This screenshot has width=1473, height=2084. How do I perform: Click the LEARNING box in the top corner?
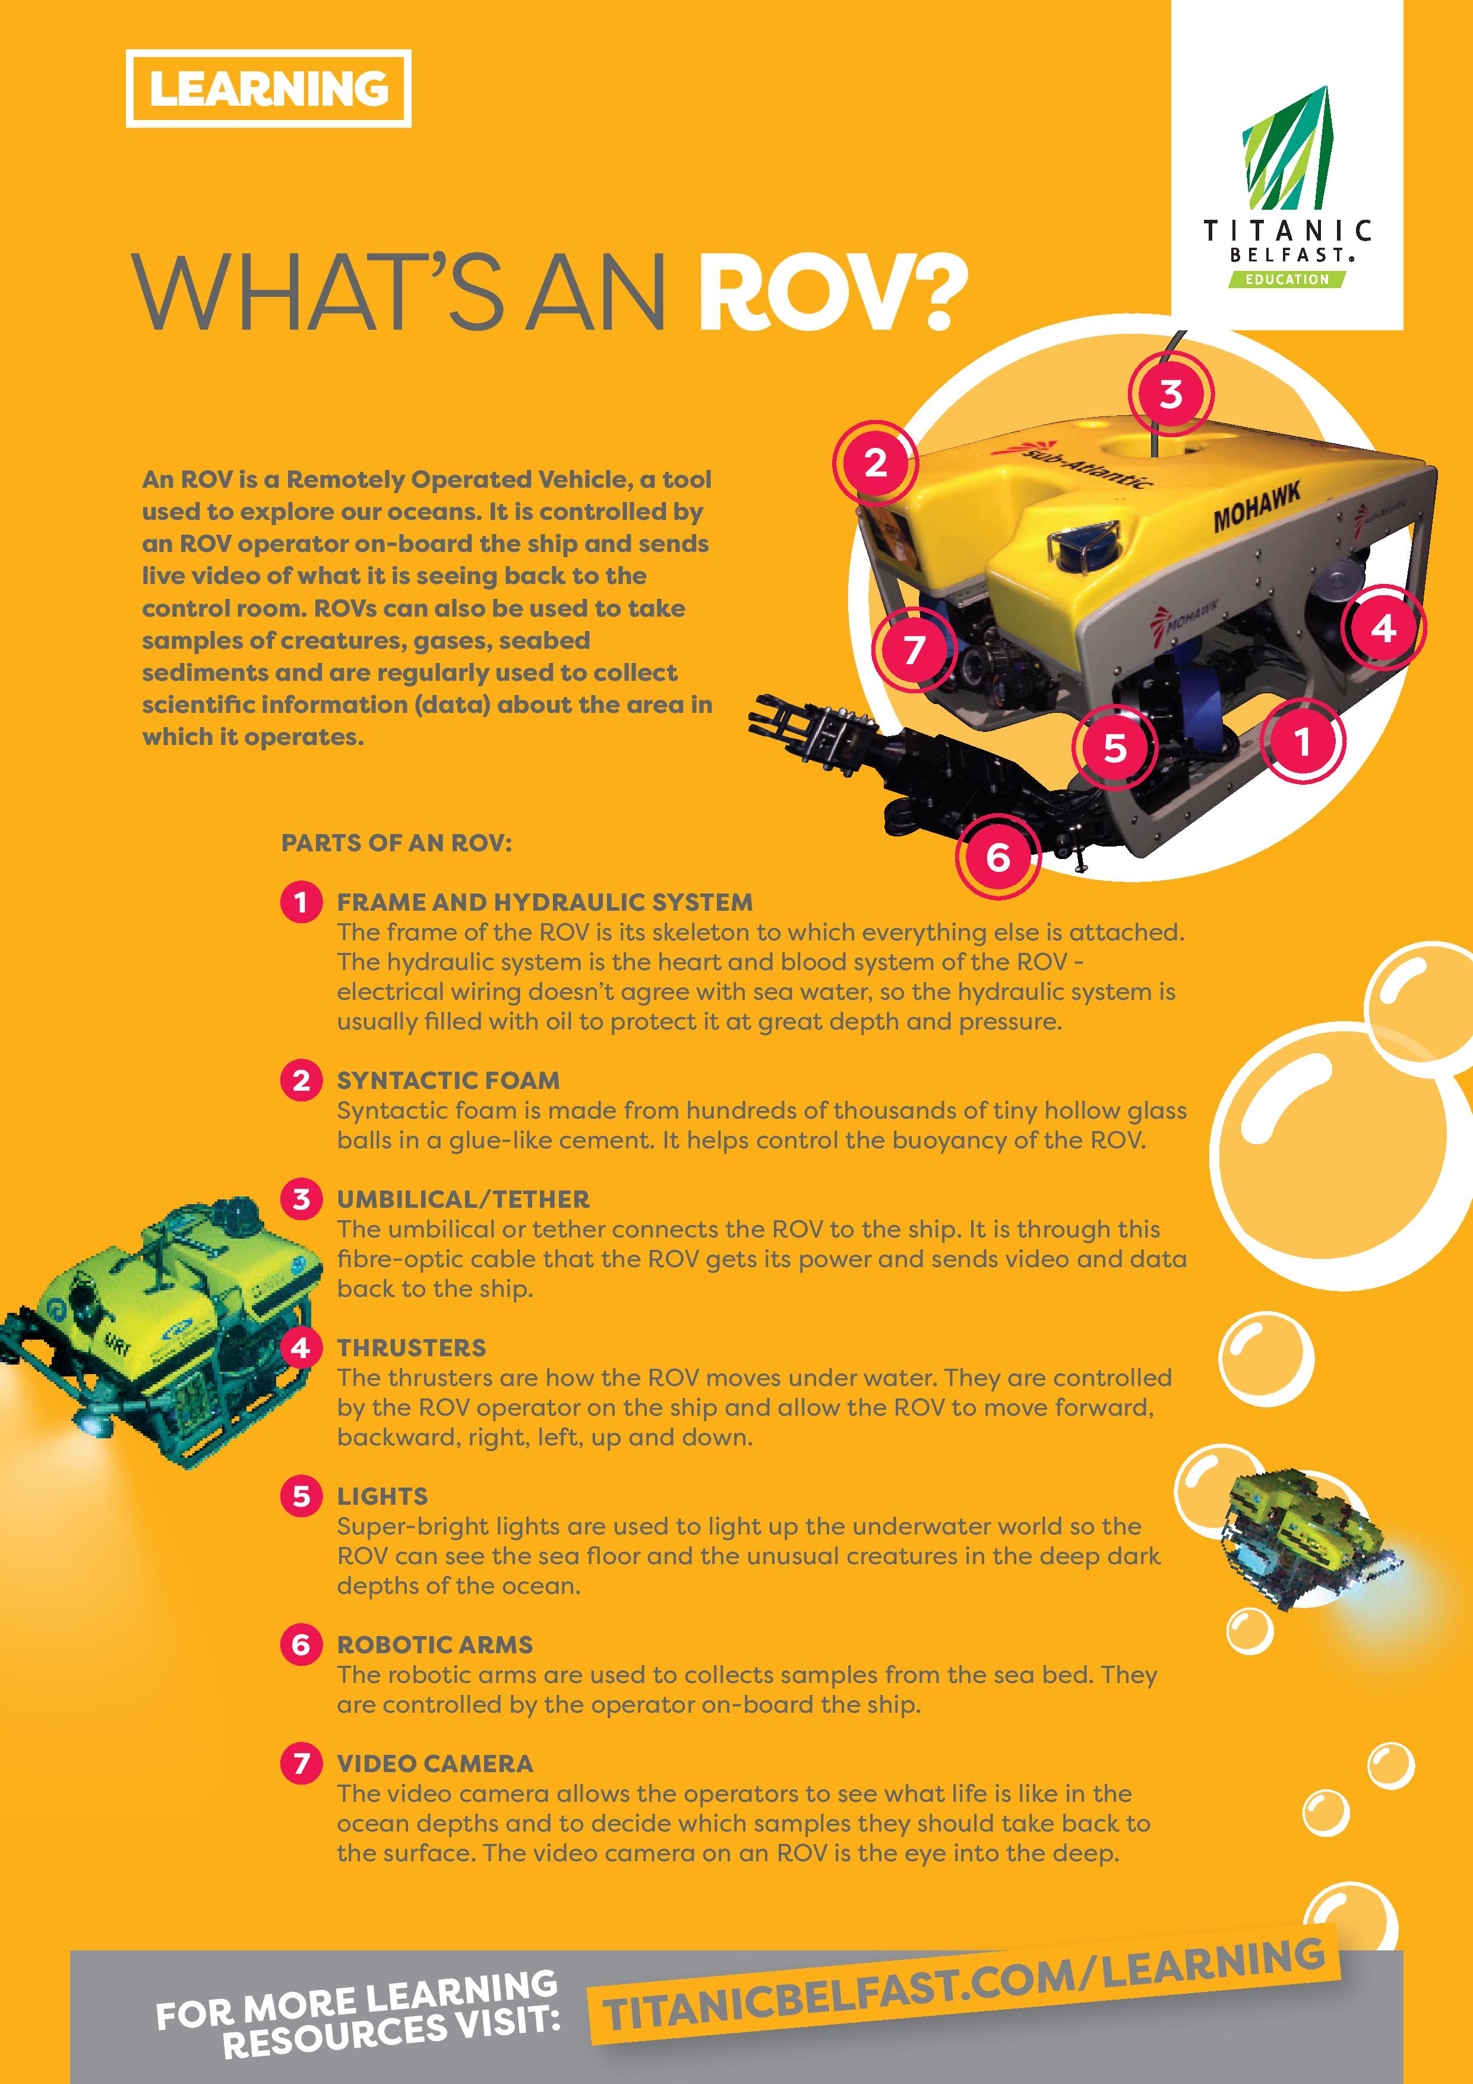click(268, 88)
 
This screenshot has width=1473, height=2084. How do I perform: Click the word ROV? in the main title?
click(833, 292)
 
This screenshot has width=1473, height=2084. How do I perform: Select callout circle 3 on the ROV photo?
click(1171, 394)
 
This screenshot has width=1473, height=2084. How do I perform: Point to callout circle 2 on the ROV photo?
click(876, 463)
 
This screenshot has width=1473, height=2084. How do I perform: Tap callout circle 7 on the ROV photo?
click(914, 649)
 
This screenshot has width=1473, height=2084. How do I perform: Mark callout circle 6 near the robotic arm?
click(997, 856)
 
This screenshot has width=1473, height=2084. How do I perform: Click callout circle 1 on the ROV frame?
click(1303, 741)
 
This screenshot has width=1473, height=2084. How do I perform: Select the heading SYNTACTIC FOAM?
click(448, 1080)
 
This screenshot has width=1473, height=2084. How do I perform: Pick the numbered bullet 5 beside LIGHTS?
click(301, 1496)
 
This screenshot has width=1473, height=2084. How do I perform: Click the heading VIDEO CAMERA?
click(435, 1764)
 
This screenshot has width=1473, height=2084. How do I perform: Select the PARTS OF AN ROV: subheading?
click(397, 843)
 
